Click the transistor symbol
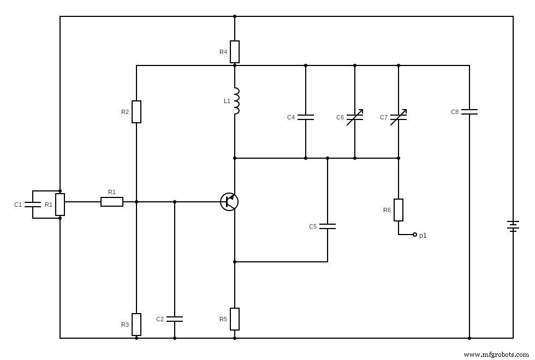(229, 202)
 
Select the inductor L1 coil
(236, 101)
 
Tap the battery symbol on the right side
(513, 226)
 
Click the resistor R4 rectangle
(235, 52)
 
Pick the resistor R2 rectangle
(136, 112)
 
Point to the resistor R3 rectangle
(136, 325)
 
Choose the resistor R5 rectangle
(235, 319)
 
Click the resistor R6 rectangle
(399, 210)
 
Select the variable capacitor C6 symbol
(355, 117)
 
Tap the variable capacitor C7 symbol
(399, 117)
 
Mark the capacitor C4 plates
(306, 117)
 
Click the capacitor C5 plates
(328, 226)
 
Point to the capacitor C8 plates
(469, 112)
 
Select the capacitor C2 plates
(175, 319)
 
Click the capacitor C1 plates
(33, 205)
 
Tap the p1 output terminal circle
(415, 235)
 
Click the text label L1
(227, 101)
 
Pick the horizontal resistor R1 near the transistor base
(112, 202)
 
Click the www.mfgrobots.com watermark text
(496, 354)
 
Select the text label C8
(455, 112)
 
